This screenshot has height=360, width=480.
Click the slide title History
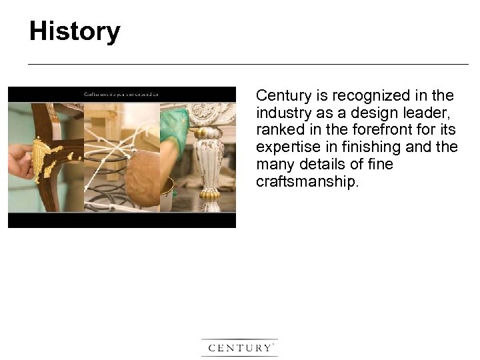[75, 31]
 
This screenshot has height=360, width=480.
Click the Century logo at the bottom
[239, 348]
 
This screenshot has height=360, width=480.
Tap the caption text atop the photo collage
[121, 94]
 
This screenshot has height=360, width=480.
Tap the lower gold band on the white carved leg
[210, 195]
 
